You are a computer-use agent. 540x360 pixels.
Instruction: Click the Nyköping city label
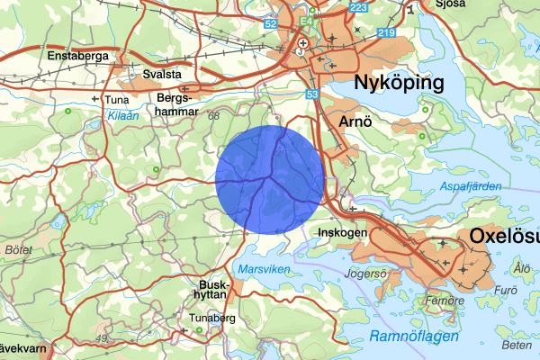[400, 84]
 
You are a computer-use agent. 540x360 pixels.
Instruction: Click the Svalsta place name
[164, 74]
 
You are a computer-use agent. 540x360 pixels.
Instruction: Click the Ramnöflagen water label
[414, 336]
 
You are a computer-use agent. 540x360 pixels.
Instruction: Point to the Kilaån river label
[121, 116]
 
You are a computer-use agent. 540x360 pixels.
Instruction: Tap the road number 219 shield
[386, 32]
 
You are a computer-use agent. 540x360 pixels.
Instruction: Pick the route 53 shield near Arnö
[312, 93]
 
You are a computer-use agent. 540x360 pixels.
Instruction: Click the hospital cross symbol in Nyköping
[303, 42]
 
